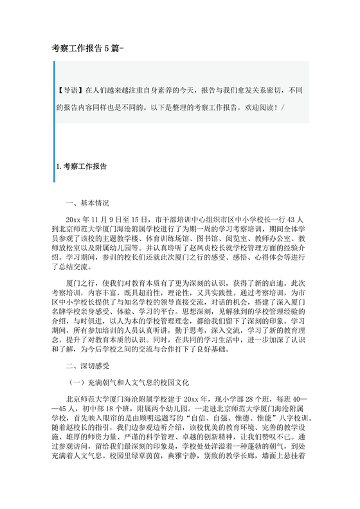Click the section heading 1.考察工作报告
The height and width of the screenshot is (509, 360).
pyautogui.click(x=82, y=166)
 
